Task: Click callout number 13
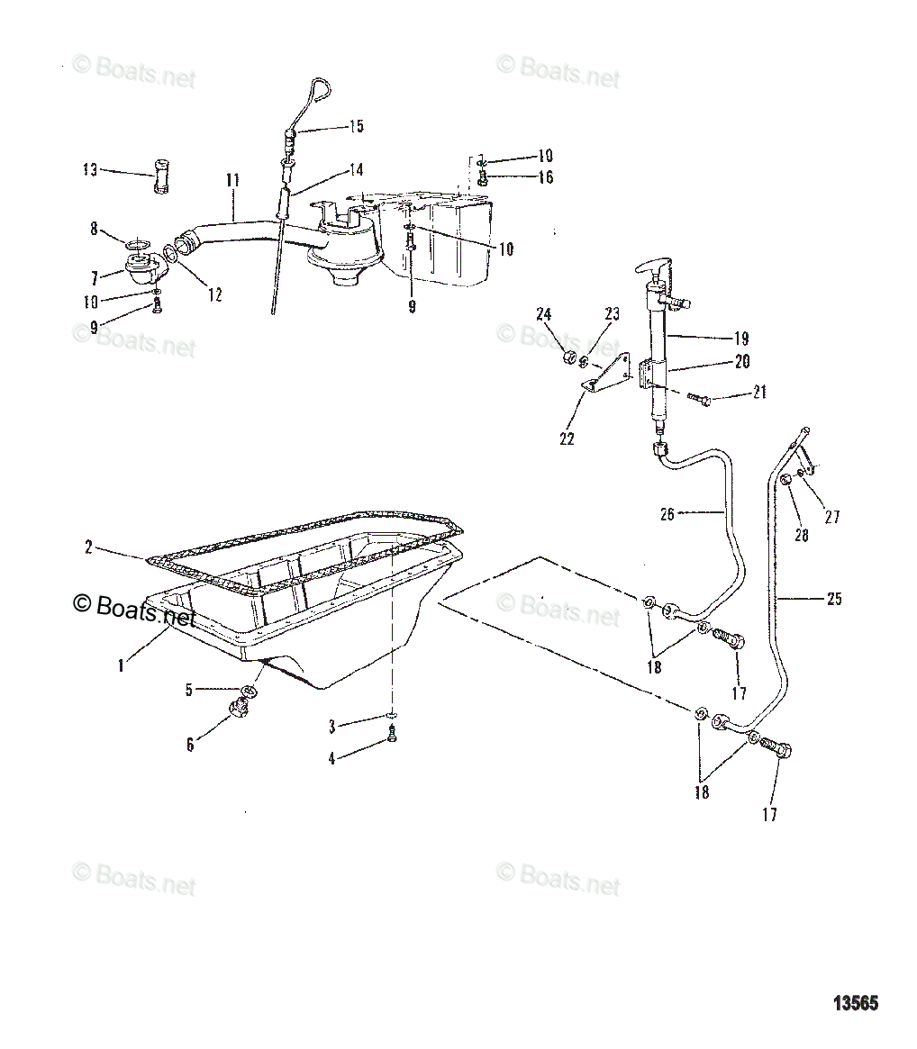[x=89, y=169]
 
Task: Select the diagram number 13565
[x=854, y=1003]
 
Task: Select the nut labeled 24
[x=568, y=359]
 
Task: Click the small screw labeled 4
[x=394, y=736]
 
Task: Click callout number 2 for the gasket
[x=88, y=547]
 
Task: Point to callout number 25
[x=834, y=598]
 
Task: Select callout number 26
[x=667, y=514]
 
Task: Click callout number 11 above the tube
[x=232, y=181]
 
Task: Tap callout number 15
[x=356, y=126]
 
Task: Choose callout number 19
[x=741, y=339]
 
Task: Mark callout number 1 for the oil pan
[x=120, y=667]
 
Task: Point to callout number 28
[x=802, y=535]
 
